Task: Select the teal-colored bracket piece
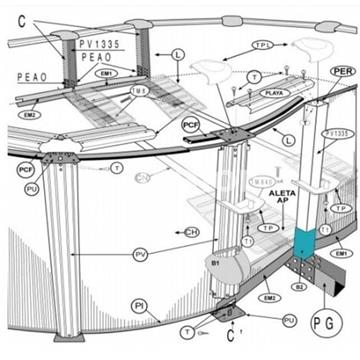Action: (x=302, y=240)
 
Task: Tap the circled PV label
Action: (x=143, y=255)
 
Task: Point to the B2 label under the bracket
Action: (x=297, y=287)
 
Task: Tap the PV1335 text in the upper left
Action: (x=104, y=44)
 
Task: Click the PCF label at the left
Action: (x=25, y=170)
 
